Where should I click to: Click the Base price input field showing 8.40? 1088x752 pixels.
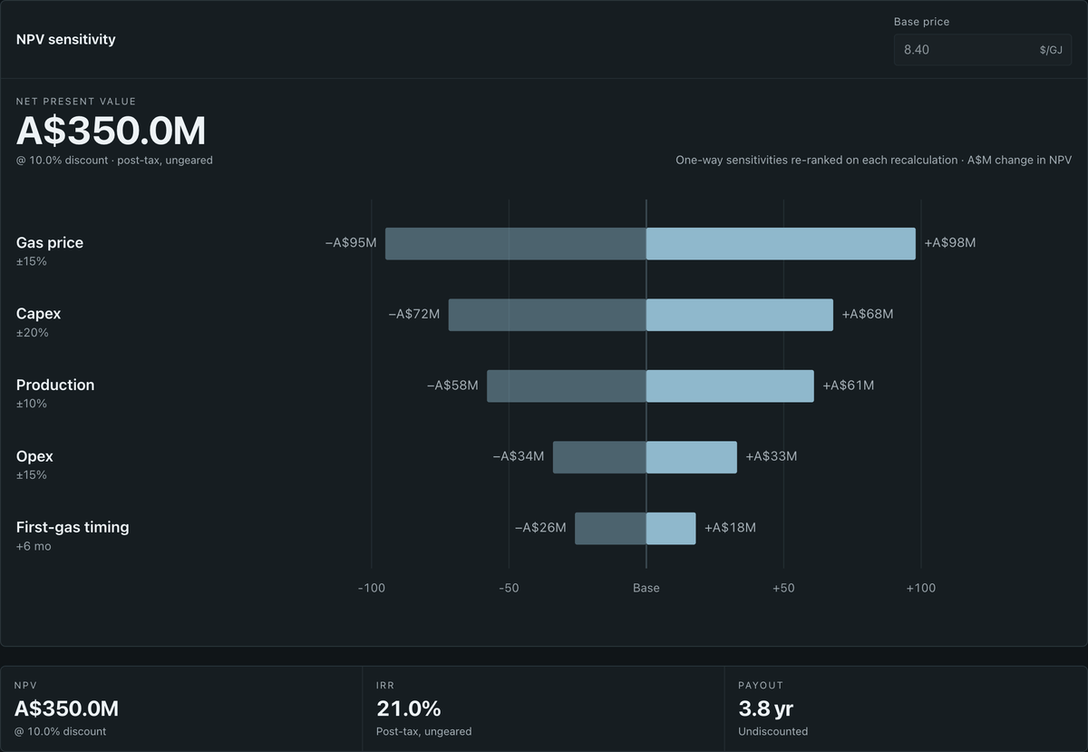pos(983,50)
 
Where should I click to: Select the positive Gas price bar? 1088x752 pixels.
pos(781,243)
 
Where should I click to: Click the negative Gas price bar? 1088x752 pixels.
pos(516,243)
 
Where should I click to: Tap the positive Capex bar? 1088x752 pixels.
pos(740,315)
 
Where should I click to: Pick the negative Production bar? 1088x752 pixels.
pos(567,386)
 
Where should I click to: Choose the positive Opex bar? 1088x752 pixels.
pos(692,457)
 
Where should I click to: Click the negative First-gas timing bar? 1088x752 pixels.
pos(610,528)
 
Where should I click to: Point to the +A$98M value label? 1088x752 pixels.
pos(950,242)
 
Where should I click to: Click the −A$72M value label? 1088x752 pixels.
pos(413,314)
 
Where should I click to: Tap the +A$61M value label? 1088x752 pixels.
pos(849,386)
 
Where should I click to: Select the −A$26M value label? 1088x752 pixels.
pos(540,527)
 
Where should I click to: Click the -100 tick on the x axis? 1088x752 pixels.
pos(372,588)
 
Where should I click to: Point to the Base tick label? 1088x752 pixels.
pos(646,588)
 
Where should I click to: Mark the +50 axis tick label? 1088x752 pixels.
pos(783,588)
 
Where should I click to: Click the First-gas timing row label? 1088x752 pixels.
pos(73,527)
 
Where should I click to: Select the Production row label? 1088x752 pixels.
pos(55,385)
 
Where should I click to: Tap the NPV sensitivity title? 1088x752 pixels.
pos(66,39)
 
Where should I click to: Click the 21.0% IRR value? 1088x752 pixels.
pos(409,708)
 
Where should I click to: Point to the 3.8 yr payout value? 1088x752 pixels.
pos(765,708)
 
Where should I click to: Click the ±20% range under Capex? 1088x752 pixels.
pos(32,333)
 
